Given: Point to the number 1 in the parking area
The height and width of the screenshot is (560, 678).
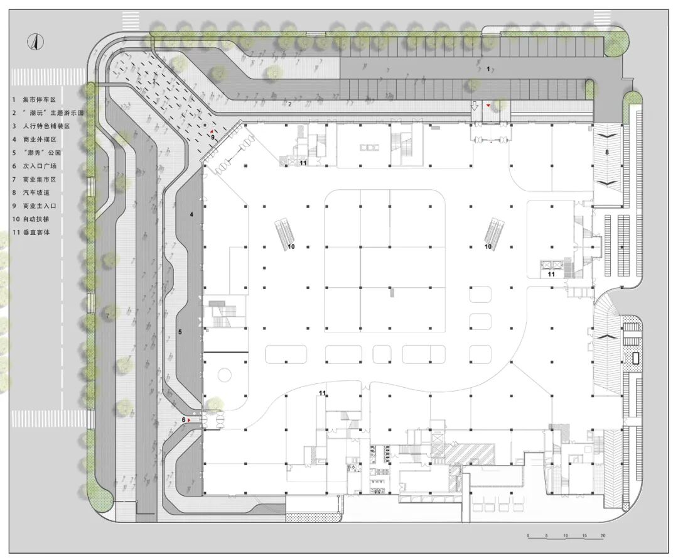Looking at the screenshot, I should click(x=488, y=69).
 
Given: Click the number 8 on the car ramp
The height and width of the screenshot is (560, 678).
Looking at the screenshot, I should click(x=607, y=152).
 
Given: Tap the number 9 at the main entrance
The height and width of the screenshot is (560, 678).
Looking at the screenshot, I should click(x=213, y=136).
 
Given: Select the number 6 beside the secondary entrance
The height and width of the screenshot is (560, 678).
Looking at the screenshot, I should click(x=184, y=420).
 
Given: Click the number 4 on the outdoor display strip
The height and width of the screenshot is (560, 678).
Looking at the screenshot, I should click(x=191, y=215).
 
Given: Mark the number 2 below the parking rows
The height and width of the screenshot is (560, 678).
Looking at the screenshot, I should click(x=290, y=104).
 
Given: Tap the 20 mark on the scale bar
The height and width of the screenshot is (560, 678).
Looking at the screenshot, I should click(x=603, y=536).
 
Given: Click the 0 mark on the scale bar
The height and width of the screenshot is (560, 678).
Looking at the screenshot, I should click(x=528, y=536).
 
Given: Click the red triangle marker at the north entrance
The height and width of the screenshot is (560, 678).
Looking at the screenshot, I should click(x=488, y=106).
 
